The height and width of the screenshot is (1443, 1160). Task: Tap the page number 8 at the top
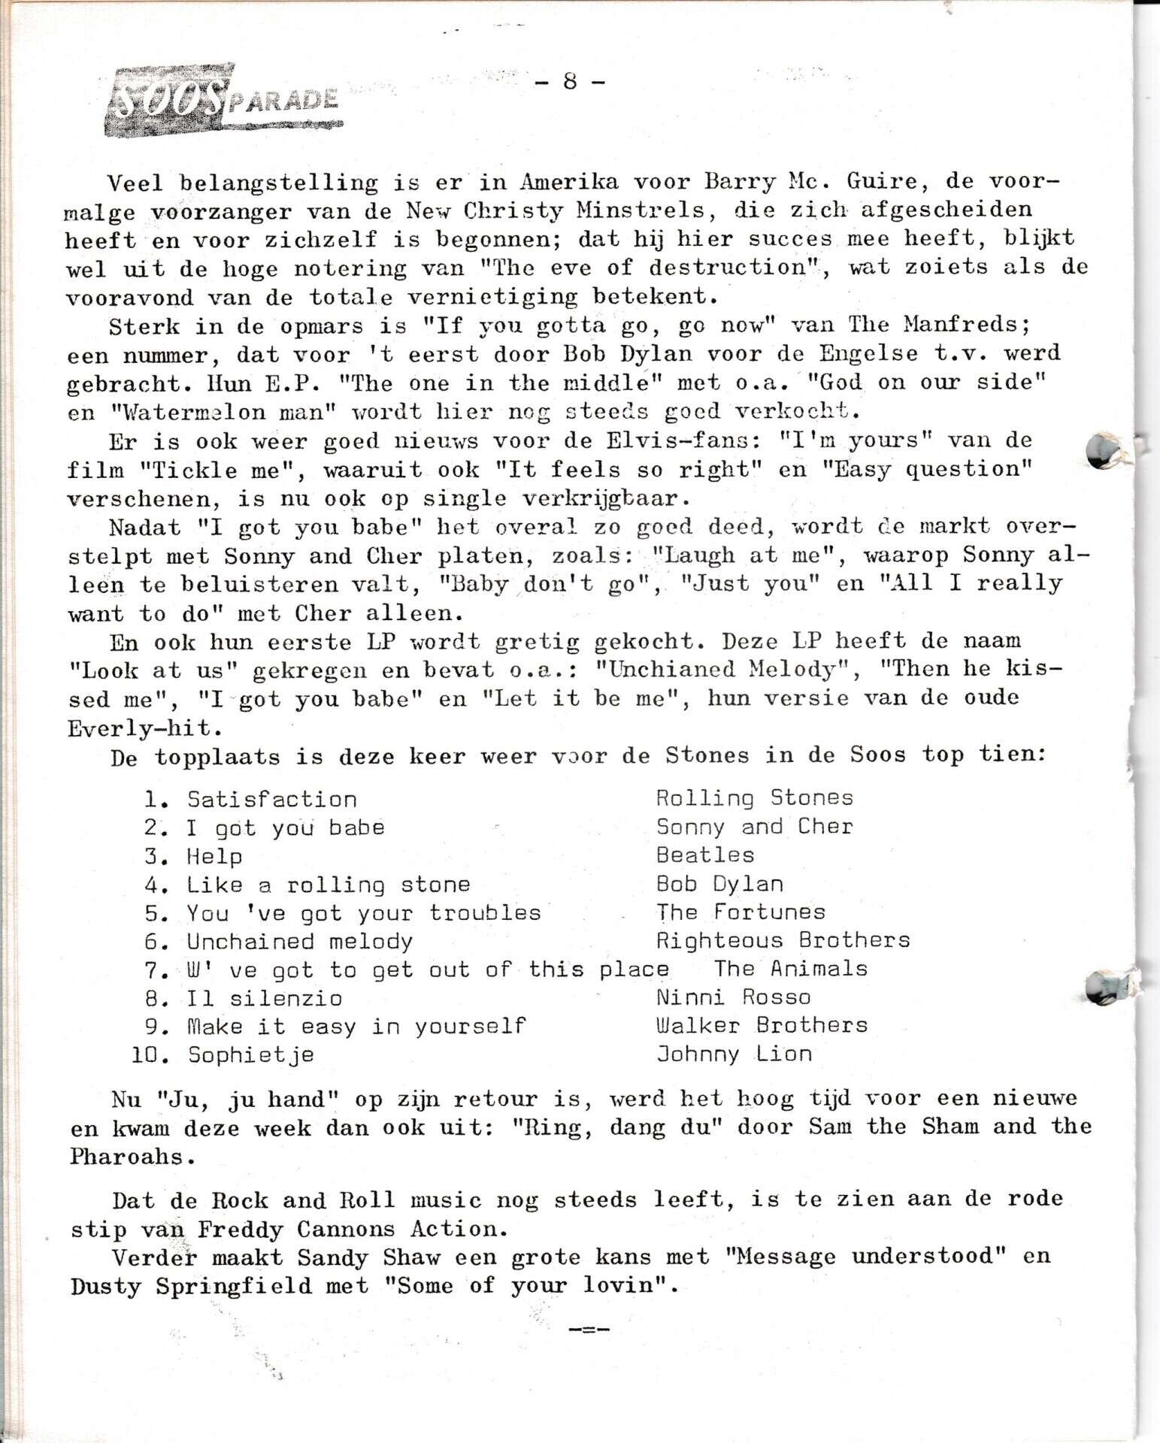(x=570, y=81)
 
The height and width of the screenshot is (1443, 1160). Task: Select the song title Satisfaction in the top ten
(x=271, y=800)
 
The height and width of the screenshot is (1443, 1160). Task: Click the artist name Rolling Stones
(x=754, y=798)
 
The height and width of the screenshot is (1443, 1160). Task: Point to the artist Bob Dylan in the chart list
(x=719, y=884)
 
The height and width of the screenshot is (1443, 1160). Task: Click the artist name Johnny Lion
(x=734, y=1054)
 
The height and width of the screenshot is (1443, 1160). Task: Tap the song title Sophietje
(x=250, y=1055)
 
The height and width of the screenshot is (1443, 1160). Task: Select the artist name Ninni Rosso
(x=733, y=997)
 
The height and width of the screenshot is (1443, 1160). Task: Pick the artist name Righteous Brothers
(x=783, y=940)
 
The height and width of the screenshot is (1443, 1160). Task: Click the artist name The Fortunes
(x=741, y=912)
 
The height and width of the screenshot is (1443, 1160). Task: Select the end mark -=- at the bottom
(x=589, y=1330)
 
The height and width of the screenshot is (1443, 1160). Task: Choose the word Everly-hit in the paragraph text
(x=144, y=729)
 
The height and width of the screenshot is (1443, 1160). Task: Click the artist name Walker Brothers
(x=762, y=1026)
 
